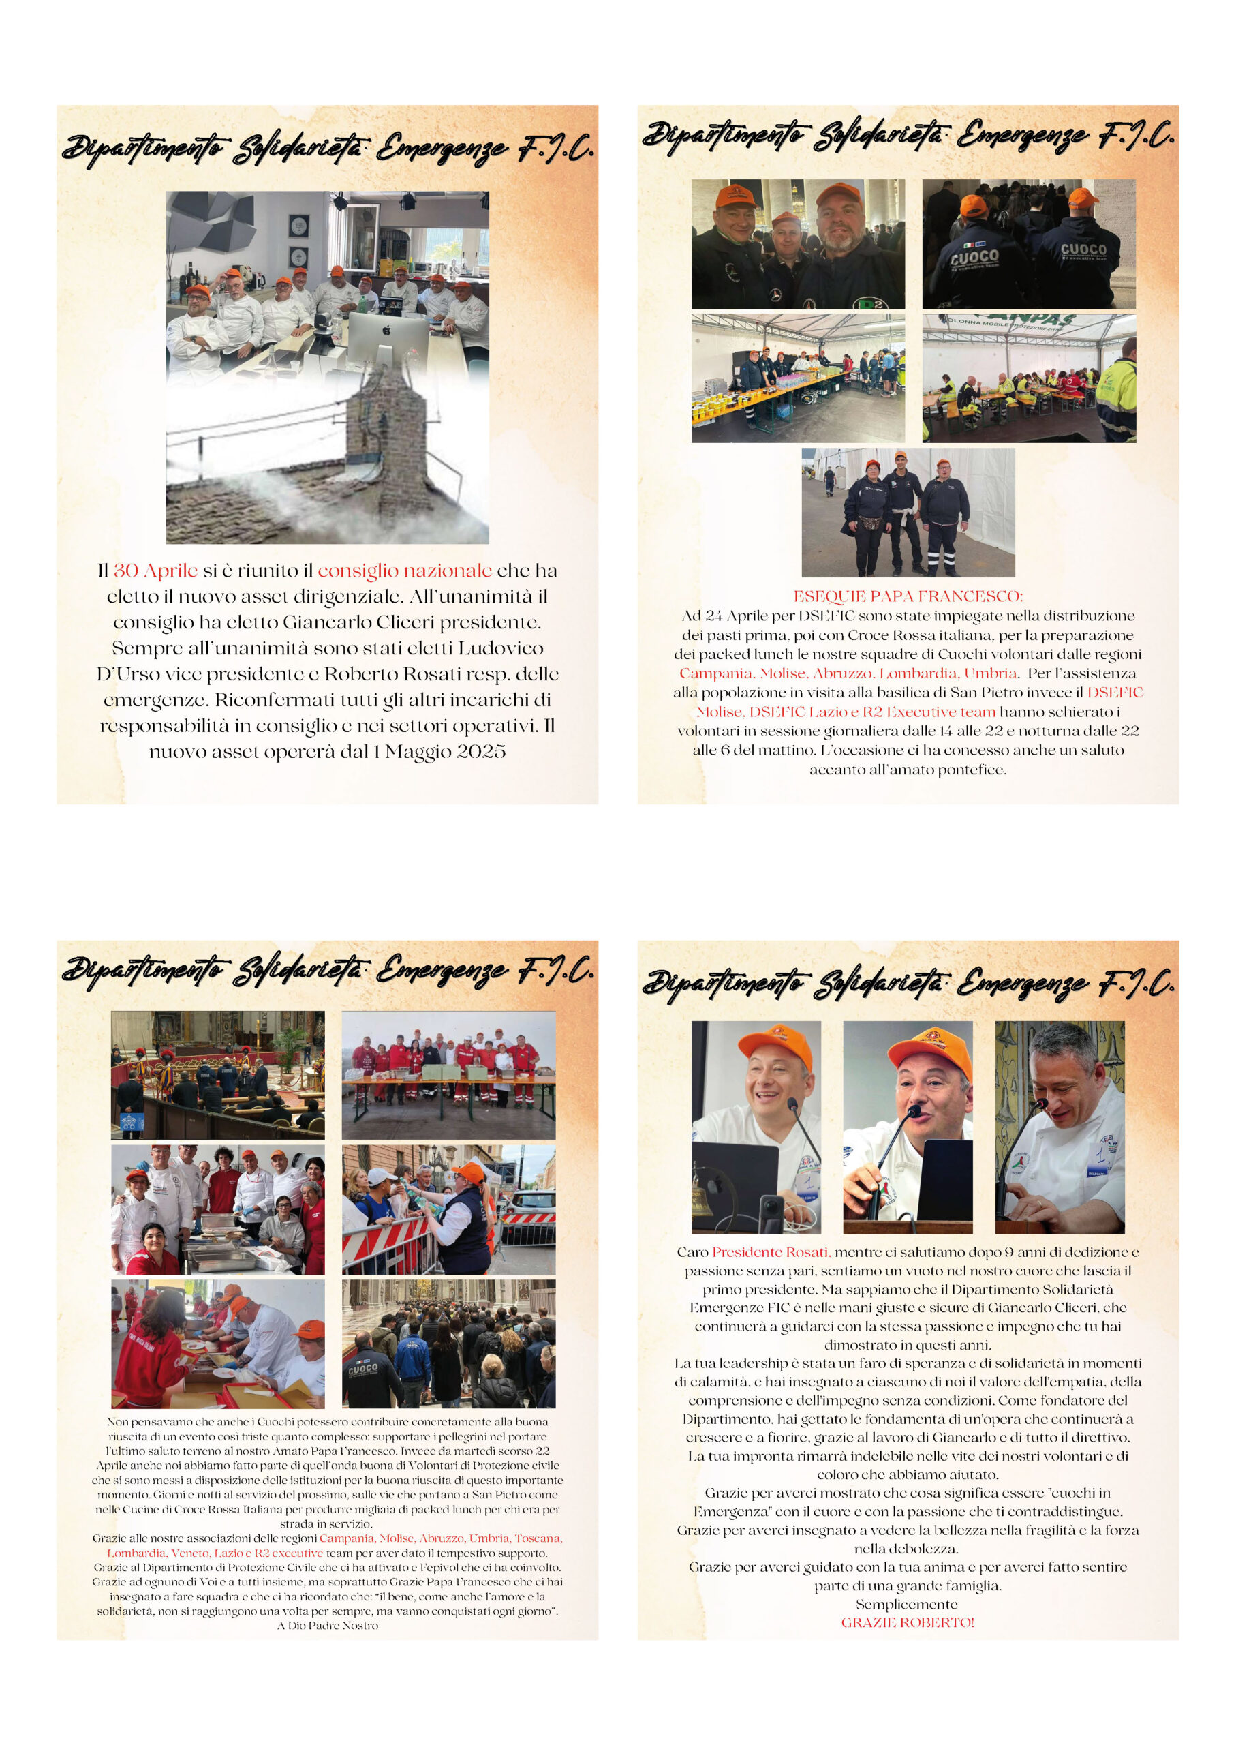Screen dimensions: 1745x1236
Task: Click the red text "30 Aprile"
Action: (x=155, y=571)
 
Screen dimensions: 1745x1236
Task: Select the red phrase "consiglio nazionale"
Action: (x=404, y=571)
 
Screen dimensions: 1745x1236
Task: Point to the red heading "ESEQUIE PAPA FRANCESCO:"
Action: (x=907, y=596)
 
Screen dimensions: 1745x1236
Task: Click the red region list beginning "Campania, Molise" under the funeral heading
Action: (x=848, y=673)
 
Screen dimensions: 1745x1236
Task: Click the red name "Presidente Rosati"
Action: (x=769, y=1251)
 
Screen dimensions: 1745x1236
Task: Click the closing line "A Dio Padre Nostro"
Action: (x=327, y=1626)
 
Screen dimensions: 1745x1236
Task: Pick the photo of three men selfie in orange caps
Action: (x=798, y=243)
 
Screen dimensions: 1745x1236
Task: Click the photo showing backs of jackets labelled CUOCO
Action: (x=1028, y=243)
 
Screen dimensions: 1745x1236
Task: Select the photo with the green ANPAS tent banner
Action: (x=1028, y=378)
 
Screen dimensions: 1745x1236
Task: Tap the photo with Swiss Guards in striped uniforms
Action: (x=217, y=1075)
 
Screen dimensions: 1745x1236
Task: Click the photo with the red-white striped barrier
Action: (x=448, y=1211)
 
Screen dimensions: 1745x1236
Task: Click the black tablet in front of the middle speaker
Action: (x=944, y=1180)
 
